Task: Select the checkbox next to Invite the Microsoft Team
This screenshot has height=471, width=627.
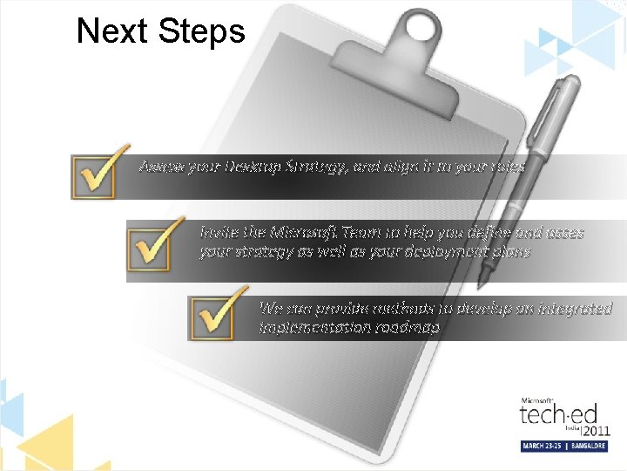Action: click(153, 246)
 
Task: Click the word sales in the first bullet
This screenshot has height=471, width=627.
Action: click(509, 166)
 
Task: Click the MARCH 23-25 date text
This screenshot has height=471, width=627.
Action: click(544, 446)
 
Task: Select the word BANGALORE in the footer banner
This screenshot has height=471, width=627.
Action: click(589, 446)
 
